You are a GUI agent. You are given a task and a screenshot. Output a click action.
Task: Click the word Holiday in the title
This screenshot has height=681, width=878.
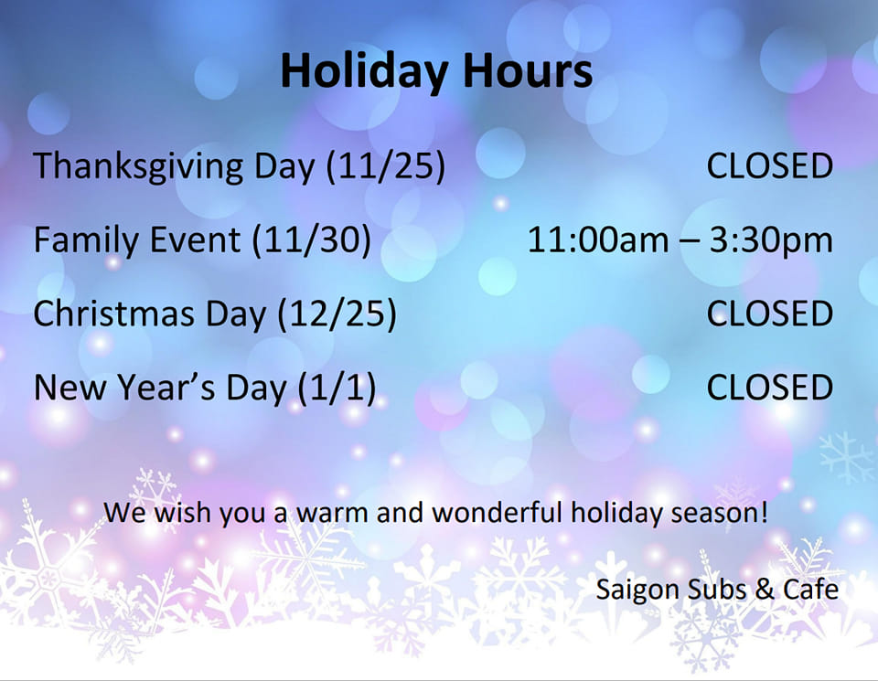point(364,71)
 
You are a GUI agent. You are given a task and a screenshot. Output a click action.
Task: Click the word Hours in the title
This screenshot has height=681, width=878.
point(528,70)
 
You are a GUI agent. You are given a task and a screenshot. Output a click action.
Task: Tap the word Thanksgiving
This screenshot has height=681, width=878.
point(138,166)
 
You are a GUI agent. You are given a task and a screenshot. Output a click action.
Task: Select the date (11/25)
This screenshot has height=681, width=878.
point(386,166)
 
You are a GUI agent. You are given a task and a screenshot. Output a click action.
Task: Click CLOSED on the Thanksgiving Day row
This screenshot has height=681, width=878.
point(770,166)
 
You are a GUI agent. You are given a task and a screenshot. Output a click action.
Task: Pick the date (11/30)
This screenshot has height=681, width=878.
point(311,240)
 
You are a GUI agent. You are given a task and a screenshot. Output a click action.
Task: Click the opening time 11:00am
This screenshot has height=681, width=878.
point(598,240)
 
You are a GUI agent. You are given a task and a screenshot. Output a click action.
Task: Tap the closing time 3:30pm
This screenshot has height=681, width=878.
point(772,241)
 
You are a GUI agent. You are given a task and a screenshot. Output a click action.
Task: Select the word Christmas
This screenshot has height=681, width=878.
point(114,314)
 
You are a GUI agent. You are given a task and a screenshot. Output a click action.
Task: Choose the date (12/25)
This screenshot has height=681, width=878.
point(337,314)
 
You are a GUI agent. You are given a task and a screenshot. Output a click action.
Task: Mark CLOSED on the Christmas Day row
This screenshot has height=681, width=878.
point(770,314)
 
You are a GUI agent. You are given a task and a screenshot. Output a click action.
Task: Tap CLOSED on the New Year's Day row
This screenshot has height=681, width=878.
point(770,388)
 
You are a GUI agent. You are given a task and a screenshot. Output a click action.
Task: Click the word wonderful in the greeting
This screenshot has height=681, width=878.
point(497,512)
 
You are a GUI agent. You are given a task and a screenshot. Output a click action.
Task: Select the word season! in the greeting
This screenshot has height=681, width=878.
point(720,513)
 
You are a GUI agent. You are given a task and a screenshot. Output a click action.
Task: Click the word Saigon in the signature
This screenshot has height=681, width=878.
point(637,591)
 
